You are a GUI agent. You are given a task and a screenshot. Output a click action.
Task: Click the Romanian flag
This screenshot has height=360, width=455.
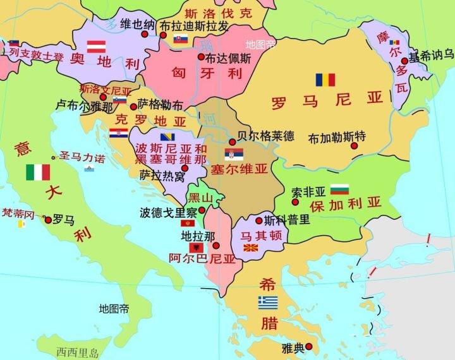pos(325,80)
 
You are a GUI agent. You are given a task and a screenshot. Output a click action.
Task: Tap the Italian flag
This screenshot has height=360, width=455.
pos(38,172)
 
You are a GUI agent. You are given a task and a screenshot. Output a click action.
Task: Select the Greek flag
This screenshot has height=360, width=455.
pos(268,302)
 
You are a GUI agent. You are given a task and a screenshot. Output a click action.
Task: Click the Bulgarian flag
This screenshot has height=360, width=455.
pos(340,189)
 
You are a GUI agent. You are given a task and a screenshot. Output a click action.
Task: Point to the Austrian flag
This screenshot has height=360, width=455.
pos(96,45)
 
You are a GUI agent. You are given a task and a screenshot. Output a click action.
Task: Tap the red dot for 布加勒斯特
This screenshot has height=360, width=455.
pos(354,146)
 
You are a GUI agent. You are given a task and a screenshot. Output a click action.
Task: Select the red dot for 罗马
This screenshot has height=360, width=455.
pos(48,220)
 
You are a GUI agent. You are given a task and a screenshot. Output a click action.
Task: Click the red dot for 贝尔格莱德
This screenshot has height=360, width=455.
pos(231,142)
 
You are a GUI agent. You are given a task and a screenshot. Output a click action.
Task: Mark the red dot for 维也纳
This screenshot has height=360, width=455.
pos(145,35)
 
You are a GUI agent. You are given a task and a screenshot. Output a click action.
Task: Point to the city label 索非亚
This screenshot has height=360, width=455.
pos(308,191)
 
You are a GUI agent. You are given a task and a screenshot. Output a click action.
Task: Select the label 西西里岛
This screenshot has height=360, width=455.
pos(78,352)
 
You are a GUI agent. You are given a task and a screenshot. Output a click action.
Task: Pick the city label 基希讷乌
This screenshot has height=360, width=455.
pos(432,56)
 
